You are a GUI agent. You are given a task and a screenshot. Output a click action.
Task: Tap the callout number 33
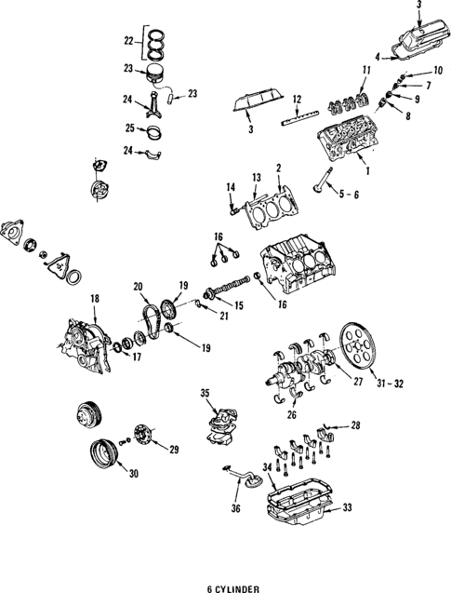pyautogui.click(x=347, y=508)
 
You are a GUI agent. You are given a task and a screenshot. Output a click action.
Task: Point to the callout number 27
pyautogui.click(x=331, y=380)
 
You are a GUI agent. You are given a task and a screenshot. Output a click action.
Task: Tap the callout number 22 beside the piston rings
pyautogui.click(x=128, y=43)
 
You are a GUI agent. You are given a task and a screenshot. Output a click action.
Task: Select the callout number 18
pyautogui.click(x=93, y=297)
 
